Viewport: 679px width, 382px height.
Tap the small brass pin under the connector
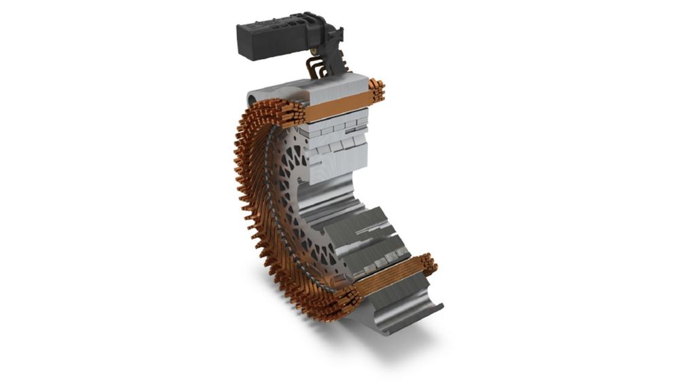314,51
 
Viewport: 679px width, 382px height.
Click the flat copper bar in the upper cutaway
337,107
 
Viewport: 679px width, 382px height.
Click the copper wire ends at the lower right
428,265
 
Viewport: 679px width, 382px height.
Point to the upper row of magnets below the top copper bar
336,129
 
